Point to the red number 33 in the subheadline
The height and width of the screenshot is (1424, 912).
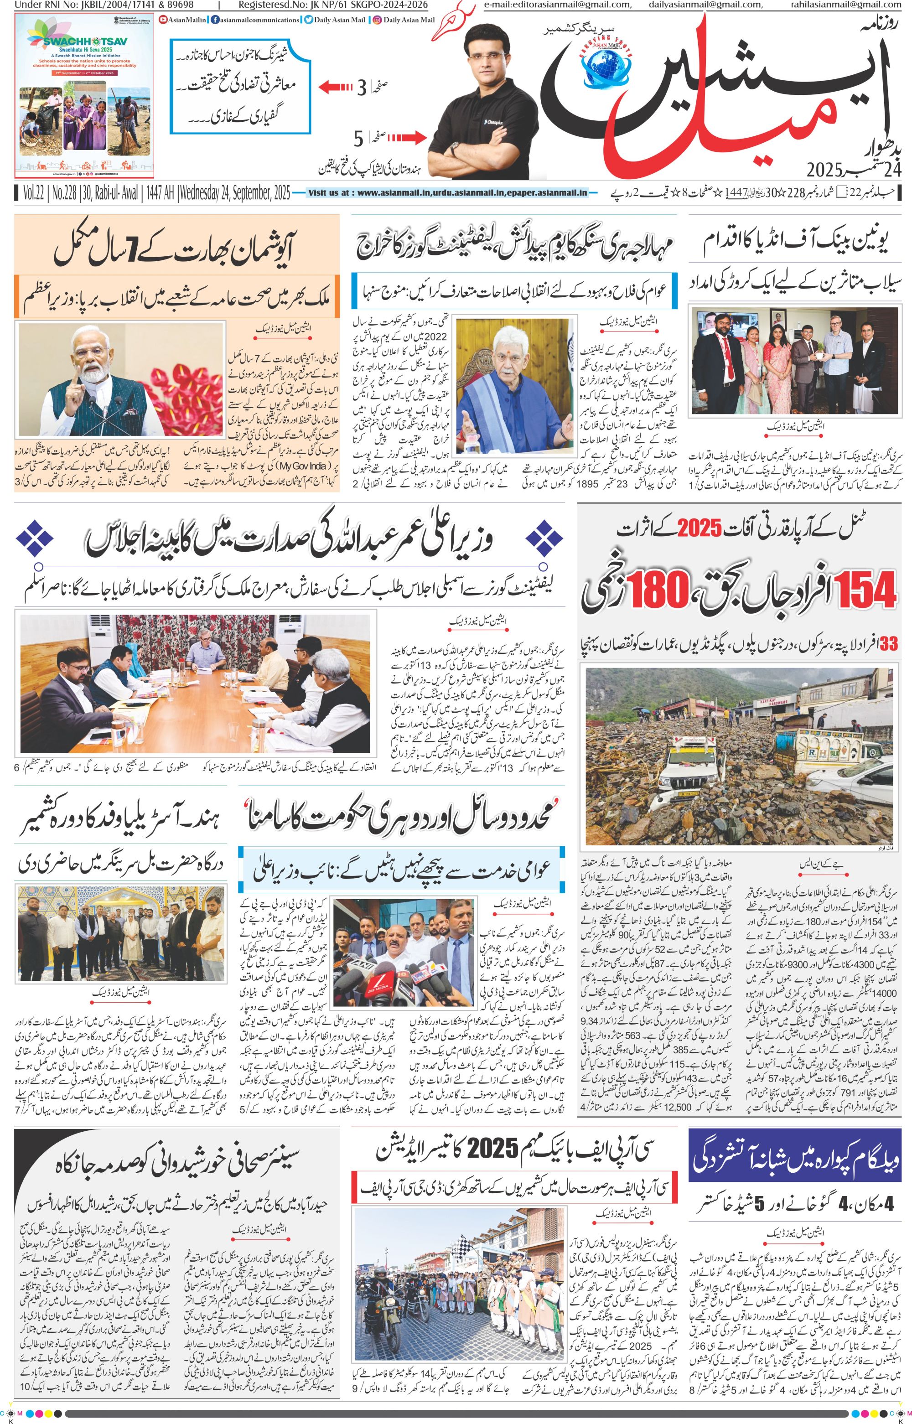pyautogui.click(x=889, y=644)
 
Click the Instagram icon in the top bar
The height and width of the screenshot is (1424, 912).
pyautogui.click(x=377, y=20)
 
